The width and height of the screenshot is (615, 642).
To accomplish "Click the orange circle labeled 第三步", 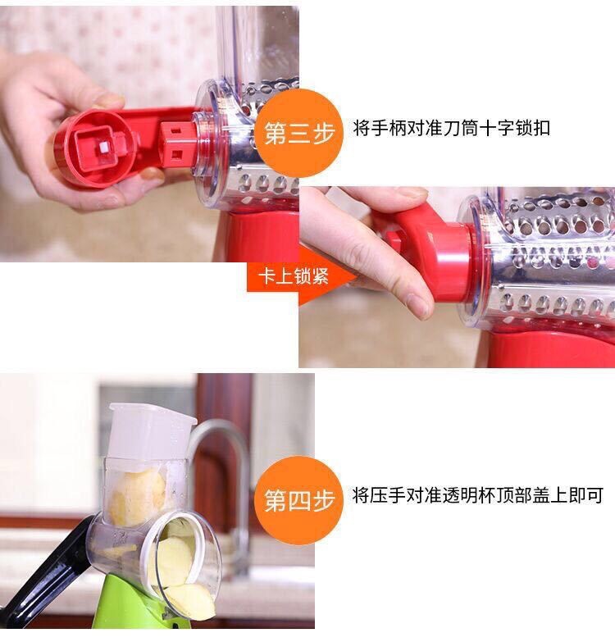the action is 298,133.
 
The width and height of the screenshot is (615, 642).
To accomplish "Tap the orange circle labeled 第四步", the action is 298,500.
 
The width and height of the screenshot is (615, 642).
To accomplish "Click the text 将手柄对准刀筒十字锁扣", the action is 451,128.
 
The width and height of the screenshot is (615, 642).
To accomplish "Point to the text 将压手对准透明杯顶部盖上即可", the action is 477,495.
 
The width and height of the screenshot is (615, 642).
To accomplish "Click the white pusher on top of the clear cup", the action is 151,430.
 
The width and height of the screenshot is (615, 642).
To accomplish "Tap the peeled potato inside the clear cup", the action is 137,498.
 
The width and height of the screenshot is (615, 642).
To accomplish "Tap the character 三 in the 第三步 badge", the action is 298,133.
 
